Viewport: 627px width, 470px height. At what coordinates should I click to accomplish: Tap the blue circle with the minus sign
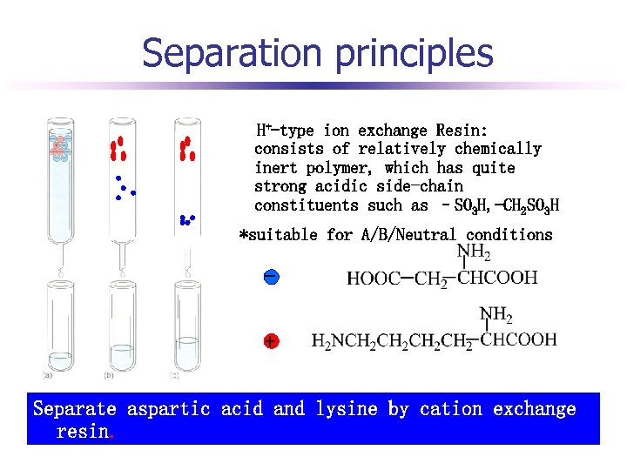[272, 277]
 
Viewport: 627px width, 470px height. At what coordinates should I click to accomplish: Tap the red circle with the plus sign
[272, 341]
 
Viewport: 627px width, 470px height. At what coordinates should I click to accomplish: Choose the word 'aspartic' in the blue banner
[169, 409]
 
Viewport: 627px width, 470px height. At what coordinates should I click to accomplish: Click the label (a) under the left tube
[49, 375]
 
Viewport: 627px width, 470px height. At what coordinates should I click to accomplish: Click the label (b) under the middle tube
[109, 375]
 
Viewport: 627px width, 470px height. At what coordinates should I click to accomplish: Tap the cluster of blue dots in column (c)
[186, 220]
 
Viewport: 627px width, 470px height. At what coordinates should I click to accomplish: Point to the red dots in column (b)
[118, 150]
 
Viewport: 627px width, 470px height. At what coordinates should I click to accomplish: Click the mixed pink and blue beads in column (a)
[59, 147]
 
